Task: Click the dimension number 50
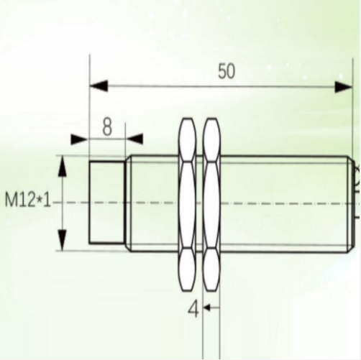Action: (226, 70)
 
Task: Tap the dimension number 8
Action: (107, 127)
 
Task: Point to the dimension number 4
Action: (193, 310)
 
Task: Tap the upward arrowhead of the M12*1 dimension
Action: (63, 167)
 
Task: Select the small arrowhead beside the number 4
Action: (206, 309)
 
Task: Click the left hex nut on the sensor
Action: (186, 203)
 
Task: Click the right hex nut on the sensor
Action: (211, 203)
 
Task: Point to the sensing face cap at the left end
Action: (106, 203)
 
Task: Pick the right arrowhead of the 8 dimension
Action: (134, 139)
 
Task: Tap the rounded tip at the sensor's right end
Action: (356, 172)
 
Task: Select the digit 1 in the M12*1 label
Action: (50, 200)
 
